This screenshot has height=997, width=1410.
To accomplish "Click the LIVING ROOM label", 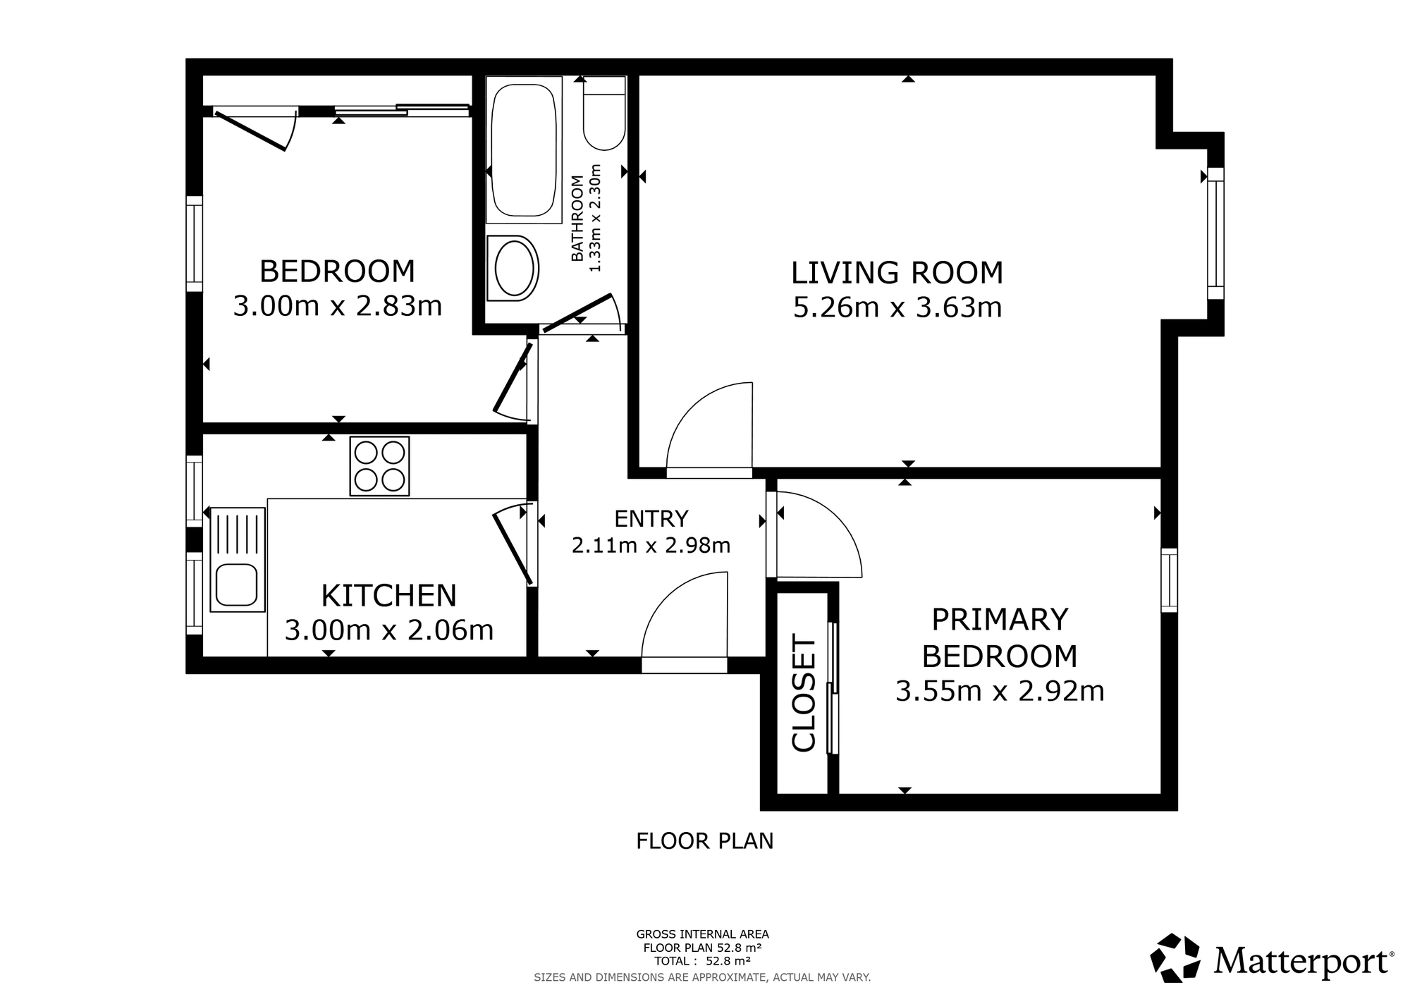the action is [897, 273].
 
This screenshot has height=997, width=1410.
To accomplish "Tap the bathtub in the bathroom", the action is [523, 150].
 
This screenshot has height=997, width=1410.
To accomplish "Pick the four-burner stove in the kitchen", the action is [379, 466].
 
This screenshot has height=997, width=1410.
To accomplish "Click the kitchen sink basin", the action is [236, 585].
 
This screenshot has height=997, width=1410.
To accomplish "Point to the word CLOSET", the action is [804, 693].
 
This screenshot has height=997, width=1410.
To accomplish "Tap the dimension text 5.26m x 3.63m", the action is [897, 308].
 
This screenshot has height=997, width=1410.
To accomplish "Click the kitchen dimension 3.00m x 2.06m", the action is [389, 630].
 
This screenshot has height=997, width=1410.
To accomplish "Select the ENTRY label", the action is [651, 519].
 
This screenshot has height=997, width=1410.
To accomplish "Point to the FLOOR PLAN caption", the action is [705, 841].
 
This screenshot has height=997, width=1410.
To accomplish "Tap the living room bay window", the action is [1215, 233].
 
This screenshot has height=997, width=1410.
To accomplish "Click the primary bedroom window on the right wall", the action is [1169, 580].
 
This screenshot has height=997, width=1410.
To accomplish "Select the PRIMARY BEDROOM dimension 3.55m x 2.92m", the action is [1000, 692].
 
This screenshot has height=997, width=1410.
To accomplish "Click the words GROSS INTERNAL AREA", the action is [702, 935].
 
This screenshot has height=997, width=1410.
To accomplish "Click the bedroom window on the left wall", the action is [195, 243].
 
